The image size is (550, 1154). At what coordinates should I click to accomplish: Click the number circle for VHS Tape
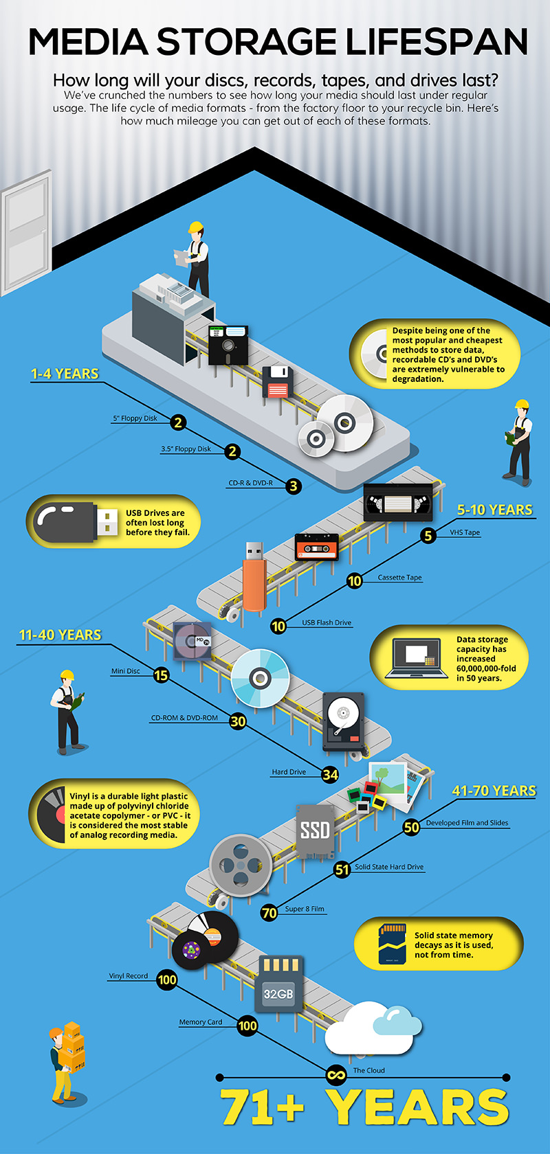click(428, 535)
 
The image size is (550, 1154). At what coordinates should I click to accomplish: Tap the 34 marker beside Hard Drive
click(330, 774)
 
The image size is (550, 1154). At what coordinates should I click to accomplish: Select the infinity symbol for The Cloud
click(336, 1074)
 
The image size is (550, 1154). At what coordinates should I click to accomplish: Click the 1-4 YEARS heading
click(65, 374)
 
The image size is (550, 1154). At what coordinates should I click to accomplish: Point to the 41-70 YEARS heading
click(494, 791)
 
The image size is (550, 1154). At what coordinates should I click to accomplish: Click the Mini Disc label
click(126, 671)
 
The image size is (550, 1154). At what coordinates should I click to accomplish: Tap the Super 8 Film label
click(305, 909)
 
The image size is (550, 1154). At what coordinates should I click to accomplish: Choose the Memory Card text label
click(201, 1022)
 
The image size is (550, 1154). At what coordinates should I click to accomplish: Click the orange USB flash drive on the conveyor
click(253, 576)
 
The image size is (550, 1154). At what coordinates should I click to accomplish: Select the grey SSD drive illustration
click(315, 830)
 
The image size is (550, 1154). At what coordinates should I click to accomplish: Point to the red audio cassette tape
click(316, 547)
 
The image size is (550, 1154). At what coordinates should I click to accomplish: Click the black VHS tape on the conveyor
click(398, 501)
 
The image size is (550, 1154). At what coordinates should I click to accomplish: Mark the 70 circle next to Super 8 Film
click(269, 913)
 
